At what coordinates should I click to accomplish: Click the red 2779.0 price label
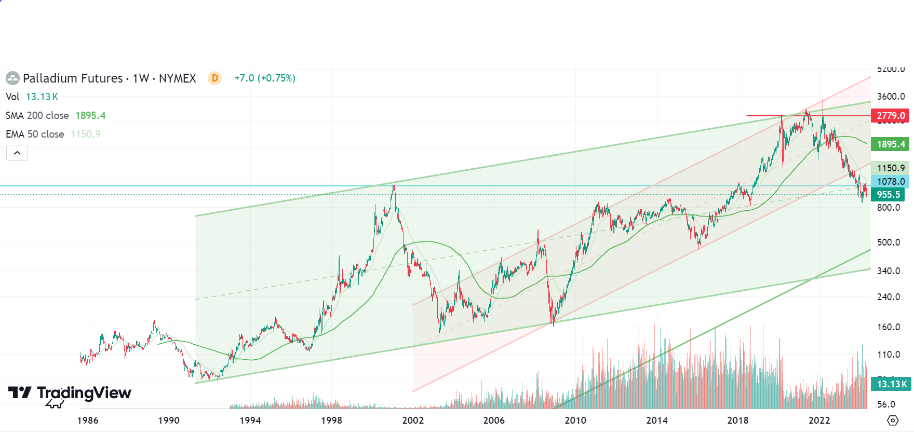point(890,116)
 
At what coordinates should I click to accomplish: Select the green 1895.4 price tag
point(890,144)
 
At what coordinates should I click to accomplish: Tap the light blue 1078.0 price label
point(890,182)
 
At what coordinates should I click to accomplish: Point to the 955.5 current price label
point(888,195)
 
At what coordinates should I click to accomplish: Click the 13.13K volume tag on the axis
point(891,384)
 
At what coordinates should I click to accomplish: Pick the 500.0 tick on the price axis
point(888,242)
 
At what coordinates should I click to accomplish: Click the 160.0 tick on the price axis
point(888,327)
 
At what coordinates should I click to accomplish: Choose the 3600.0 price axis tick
point(891,97)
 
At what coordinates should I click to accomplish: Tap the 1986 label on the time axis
point(88,421)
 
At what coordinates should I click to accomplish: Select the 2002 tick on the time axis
point(413,421)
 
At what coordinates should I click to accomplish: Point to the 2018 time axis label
point(738,421)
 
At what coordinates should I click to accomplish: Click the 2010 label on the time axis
point(575,421)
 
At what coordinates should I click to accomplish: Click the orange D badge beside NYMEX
point(214,78)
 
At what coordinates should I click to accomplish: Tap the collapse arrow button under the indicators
point(17,153)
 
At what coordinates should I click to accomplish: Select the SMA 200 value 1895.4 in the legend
point(90,116)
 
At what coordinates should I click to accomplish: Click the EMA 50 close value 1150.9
point(86,134)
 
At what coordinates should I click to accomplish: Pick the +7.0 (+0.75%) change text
point(265,78)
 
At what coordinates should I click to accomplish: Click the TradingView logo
point(70,394)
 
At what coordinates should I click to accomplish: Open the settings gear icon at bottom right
point(892,420)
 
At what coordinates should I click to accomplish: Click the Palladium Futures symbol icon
point(12,78)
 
